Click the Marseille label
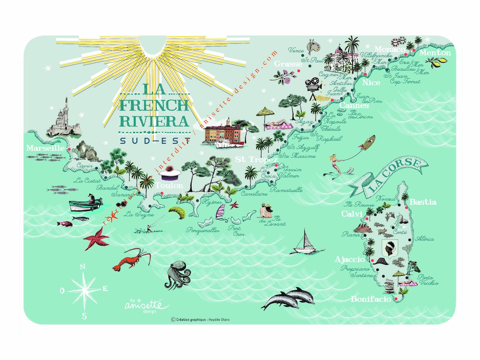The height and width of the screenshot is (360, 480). coord(45,148)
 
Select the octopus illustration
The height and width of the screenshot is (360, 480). coord(176,275)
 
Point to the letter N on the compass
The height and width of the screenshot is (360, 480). coord(83,267)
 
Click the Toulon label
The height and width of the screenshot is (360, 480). coord(169,185)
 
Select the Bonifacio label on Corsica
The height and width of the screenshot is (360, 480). coord(371,300)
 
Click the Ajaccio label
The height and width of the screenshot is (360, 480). coord(349,259)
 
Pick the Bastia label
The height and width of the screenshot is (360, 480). coord(423,202)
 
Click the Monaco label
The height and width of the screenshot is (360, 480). coord(389,49)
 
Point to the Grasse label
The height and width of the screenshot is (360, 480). coord(288,64)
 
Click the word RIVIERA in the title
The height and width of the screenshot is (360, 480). coord(154,121)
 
